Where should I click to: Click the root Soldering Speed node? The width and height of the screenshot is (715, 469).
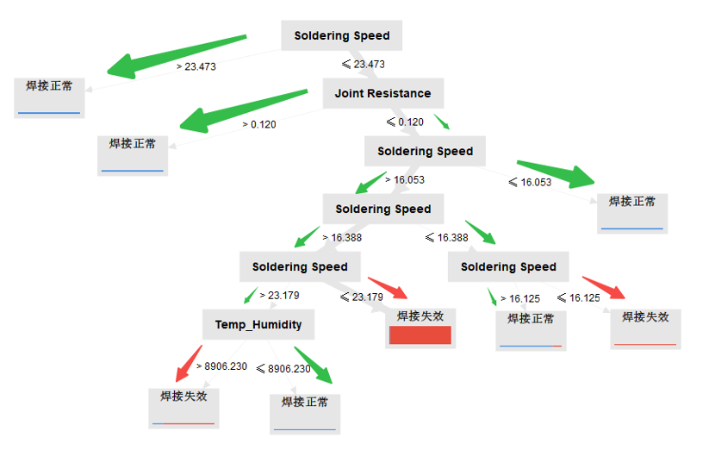tap(341, 36)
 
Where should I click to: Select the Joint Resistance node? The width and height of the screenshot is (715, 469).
tap(382, 93)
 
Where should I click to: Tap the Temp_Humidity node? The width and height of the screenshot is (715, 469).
tap(258, 324)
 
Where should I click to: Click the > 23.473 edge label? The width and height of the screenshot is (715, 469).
tap(196, 66)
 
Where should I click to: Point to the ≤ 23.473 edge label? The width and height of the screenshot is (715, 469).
tap(364, 65)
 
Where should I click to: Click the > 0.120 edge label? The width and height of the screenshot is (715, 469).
tap(259, 124)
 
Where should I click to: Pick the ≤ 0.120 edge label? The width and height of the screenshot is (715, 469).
tap(405, 122)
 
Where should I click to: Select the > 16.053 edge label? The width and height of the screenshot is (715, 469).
tap(404, 180)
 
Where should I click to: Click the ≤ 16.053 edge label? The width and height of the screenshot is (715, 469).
tap(530, 182)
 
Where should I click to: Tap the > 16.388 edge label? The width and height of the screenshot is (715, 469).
tap(342, 238)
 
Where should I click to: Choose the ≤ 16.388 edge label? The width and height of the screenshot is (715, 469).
tap(446, 238)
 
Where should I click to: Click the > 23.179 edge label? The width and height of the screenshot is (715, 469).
tap(279, 296)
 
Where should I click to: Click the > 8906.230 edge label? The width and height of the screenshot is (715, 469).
tap(222, 366)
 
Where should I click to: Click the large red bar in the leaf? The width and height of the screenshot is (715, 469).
tap(421, 335)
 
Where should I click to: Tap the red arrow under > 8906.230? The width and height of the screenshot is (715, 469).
tap(189, 364)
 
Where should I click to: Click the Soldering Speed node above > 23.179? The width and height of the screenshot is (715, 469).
tap(300, 266)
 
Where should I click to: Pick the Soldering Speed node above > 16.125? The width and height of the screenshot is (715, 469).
tap(508, 266)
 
